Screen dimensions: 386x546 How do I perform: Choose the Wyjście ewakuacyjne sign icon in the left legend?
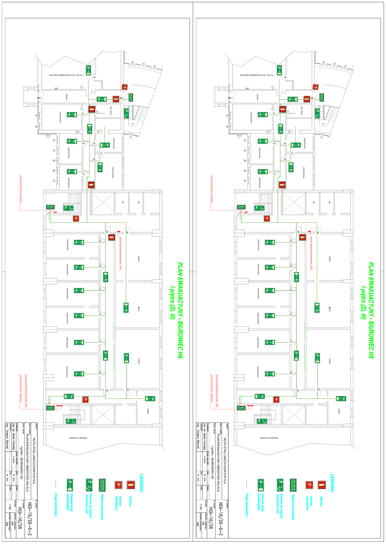[x=100, y=485]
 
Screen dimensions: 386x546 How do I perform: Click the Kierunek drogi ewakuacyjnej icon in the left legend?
[x=69, y=485]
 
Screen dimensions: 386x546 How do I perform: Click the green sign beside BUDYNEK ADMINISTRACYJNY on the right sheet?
[x=279, y=69]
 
